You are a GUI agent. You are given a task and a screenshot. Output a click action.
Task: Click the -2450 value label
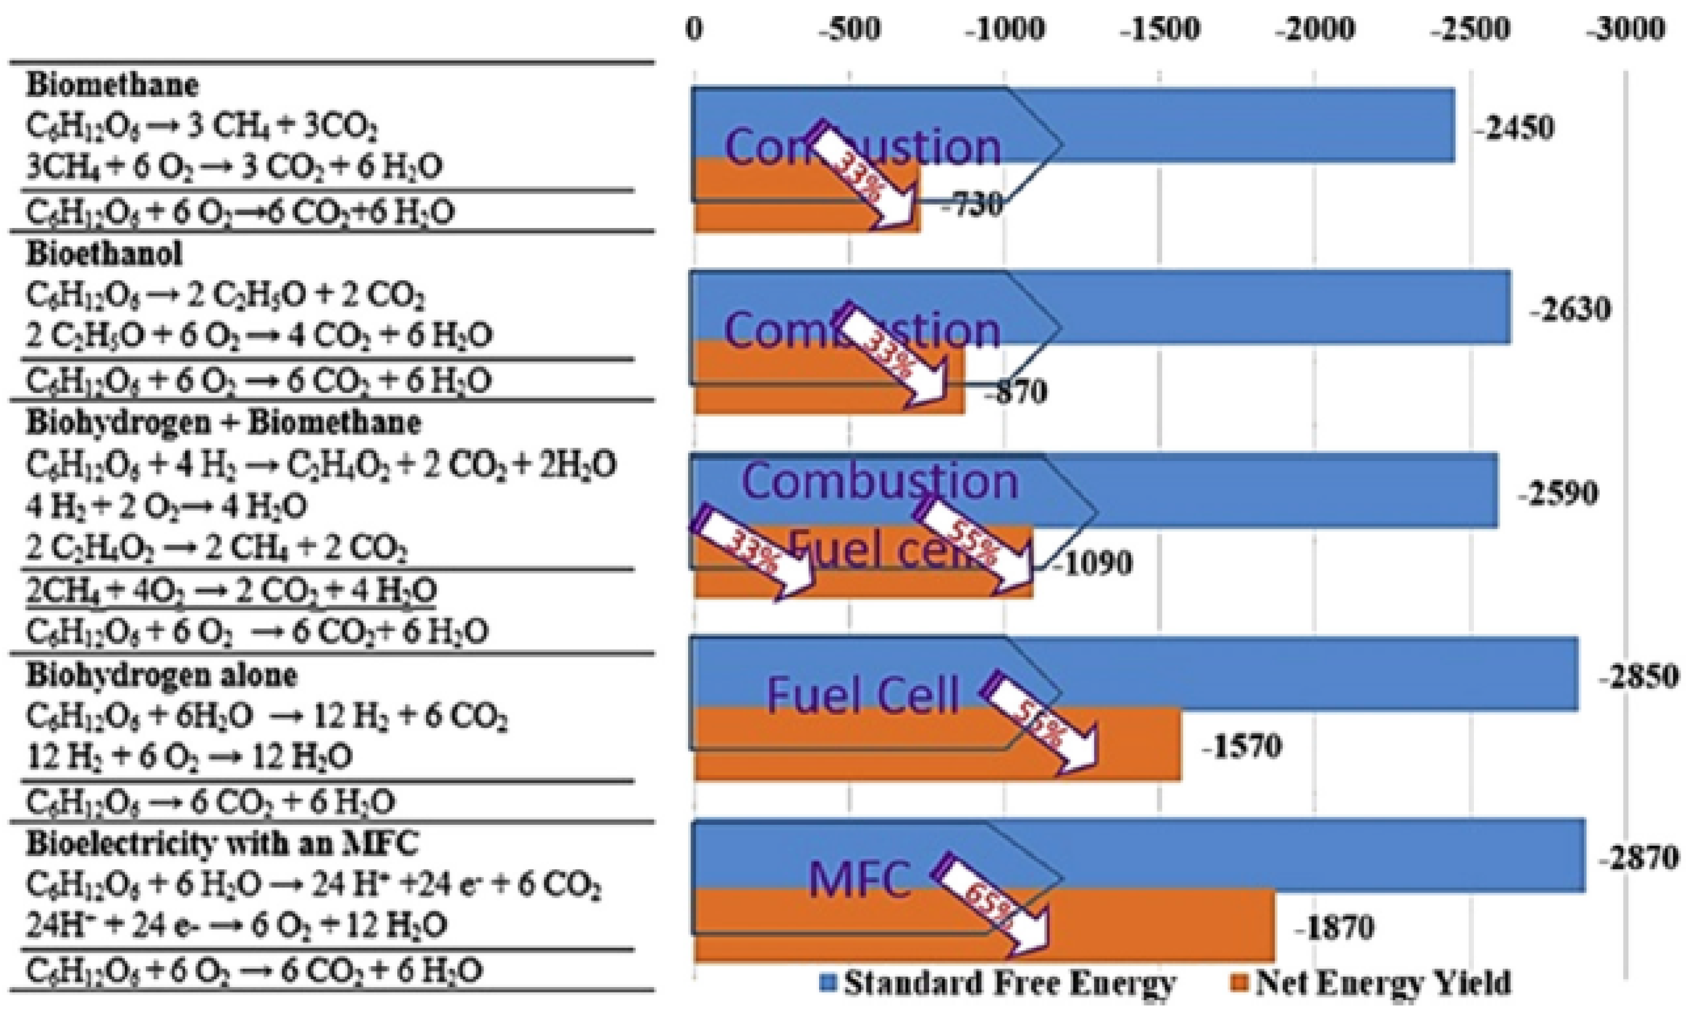(1514, 128)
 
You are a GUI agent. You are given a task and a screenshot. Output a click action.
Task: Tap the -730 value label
(971, 205)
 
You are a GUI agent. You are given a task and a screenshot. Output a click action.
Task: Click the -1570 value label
(1241, 746)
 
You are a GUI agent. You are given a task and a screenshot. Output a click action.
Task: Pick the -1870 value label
(1334, 927)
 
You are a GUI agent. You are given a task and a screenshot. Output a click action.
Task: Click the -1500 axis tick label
(1160, 30)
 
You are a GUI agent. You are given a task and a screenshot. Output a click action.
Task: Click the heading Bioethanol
(104, 254)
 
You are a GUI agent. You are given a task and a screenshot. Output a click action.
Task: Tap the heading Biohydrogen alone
(162, 675)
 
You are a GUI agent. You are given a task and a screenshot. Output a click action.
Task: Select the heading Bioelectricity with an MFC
(222, 843)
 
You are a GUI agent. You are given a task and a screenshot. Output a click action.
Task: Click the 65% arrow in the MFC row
(992, 905)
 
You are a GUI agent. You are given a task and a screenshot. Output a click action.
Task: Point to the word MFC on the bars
(860, 880)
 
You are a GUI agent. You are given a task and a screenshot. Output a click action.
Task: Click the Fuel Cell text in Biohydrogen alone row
(863, 696)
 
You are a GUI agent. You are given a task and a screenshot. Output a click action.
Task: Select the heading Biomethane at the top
(113, 85)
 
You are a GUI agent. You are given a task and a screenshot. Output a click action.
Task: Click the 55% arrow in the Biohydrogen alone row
(1041, 723)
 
